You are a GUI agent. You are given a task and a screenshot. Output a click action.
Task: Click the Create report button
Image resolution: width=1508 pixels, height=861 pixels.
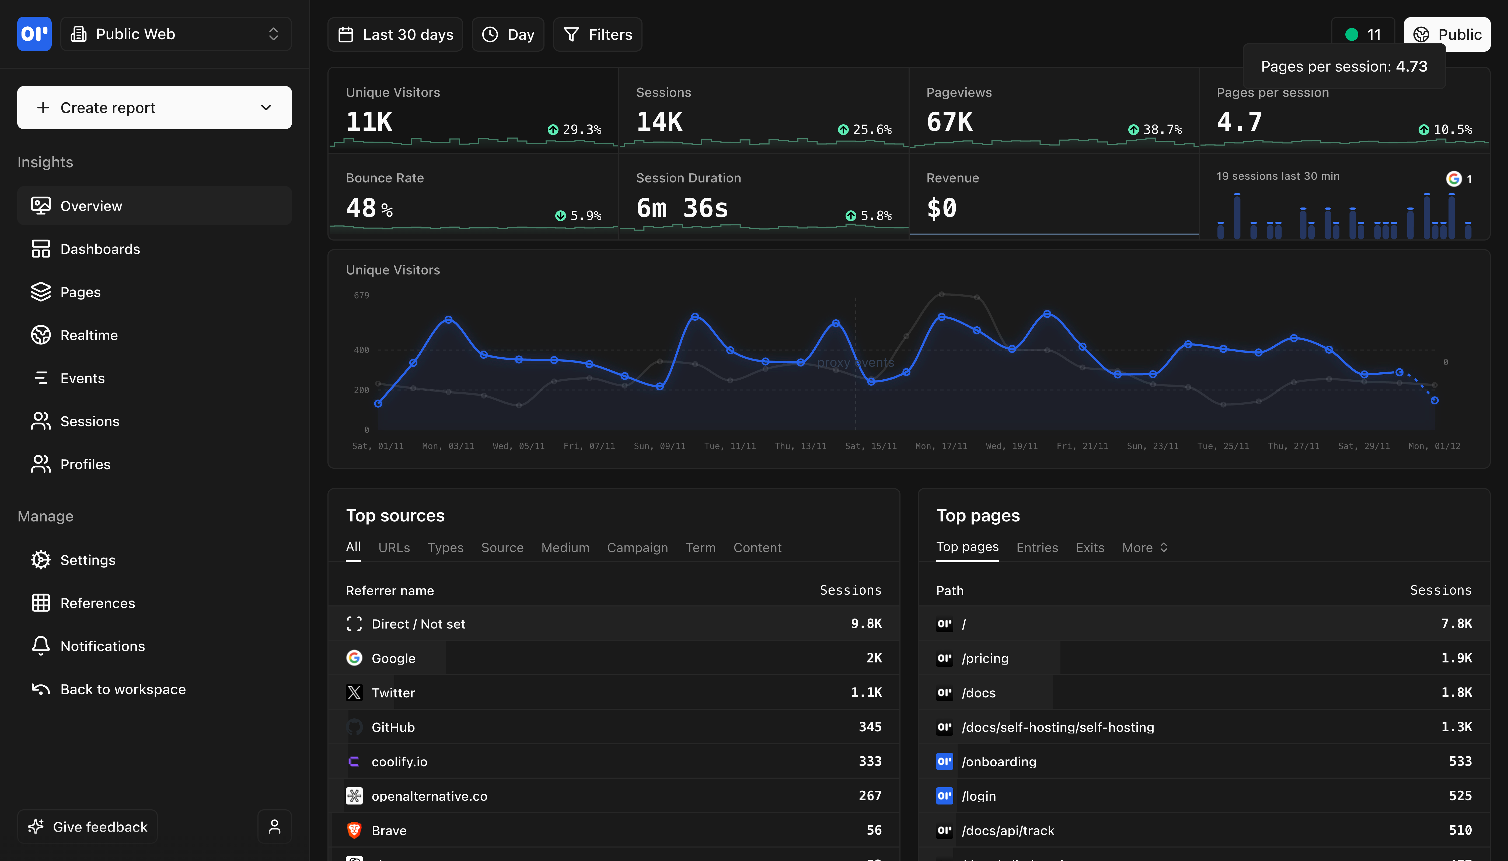pyautogui.click(x=154, y=108)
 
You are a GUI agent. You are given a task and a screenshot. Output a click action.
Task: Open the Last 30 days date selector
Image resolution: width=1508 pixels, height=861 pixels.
pyautogui.click(x=395, y=34)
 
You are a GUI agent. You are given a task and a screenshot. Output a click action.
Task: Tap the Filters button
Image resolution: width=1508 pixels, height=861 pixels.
pyautogui.click(x=598, y=34)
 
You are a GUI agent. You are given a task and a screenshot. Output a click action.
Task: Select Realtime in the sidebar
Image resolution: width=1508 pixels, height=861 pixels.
pyautogui.click(x=89, y=335)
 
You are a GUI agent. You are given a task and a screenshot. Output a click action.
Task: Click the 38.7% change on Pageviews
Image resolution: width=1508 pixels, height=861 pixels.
pyautogui.click(x=1162, y=129)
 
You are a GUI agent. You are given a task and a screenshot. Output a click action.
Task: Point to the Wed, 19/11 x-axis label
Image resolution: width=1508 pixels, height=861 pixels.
pyautogui.click(x=1011, y=446)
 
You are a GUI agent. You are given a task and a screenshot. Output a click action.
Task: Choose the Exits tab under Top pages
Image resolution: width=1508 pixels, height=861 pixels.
pyautogui.click(x=1090, y=548)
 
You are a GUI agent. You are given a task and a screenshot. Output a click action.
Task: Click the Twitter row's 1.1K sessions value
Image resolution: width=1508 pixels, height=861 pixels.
pyautogui.click(x=866, y=693)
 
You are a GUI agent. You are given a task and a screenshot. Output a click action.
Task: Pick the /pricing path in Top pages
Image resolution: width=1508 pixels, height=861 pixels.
pyautogui.click(x=985, y=658)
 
